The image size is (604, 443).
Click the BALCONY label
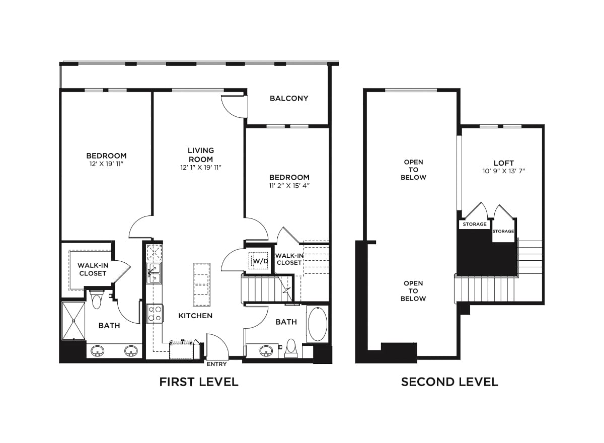[x=288, y=98]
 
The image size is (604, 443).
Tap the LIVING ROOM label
[x=200, y=155]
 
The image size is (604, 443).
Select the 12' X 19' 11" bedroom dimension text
[x=106, y=164]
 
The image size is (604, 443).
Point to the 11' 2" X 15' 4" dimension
[x=289, y=186]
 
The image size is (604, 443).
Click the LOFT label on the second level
[x=503, y=163]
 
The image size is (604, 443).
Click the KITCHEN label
[x=195, y=316]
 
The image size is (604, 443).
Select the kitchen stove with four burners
[x=155, y=314]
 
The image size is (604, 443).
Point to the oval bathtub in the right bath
[x=317, y=324]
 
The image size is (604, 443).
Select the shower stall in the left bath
[x=73, y=320]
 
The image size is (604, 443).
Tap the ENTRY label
[x=216, y=364]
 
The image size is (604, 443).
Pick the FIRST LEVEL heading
[x=199, y=382]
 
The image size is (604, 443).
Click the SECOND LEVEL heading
[x=449, y=382]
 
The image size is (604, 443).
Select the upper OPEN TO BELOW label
[x=413, y=170]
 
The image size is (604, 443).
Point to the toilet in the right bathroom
[x=290, y=347]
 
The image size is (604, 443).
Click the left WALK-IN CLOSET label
[x=92, y=269]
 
